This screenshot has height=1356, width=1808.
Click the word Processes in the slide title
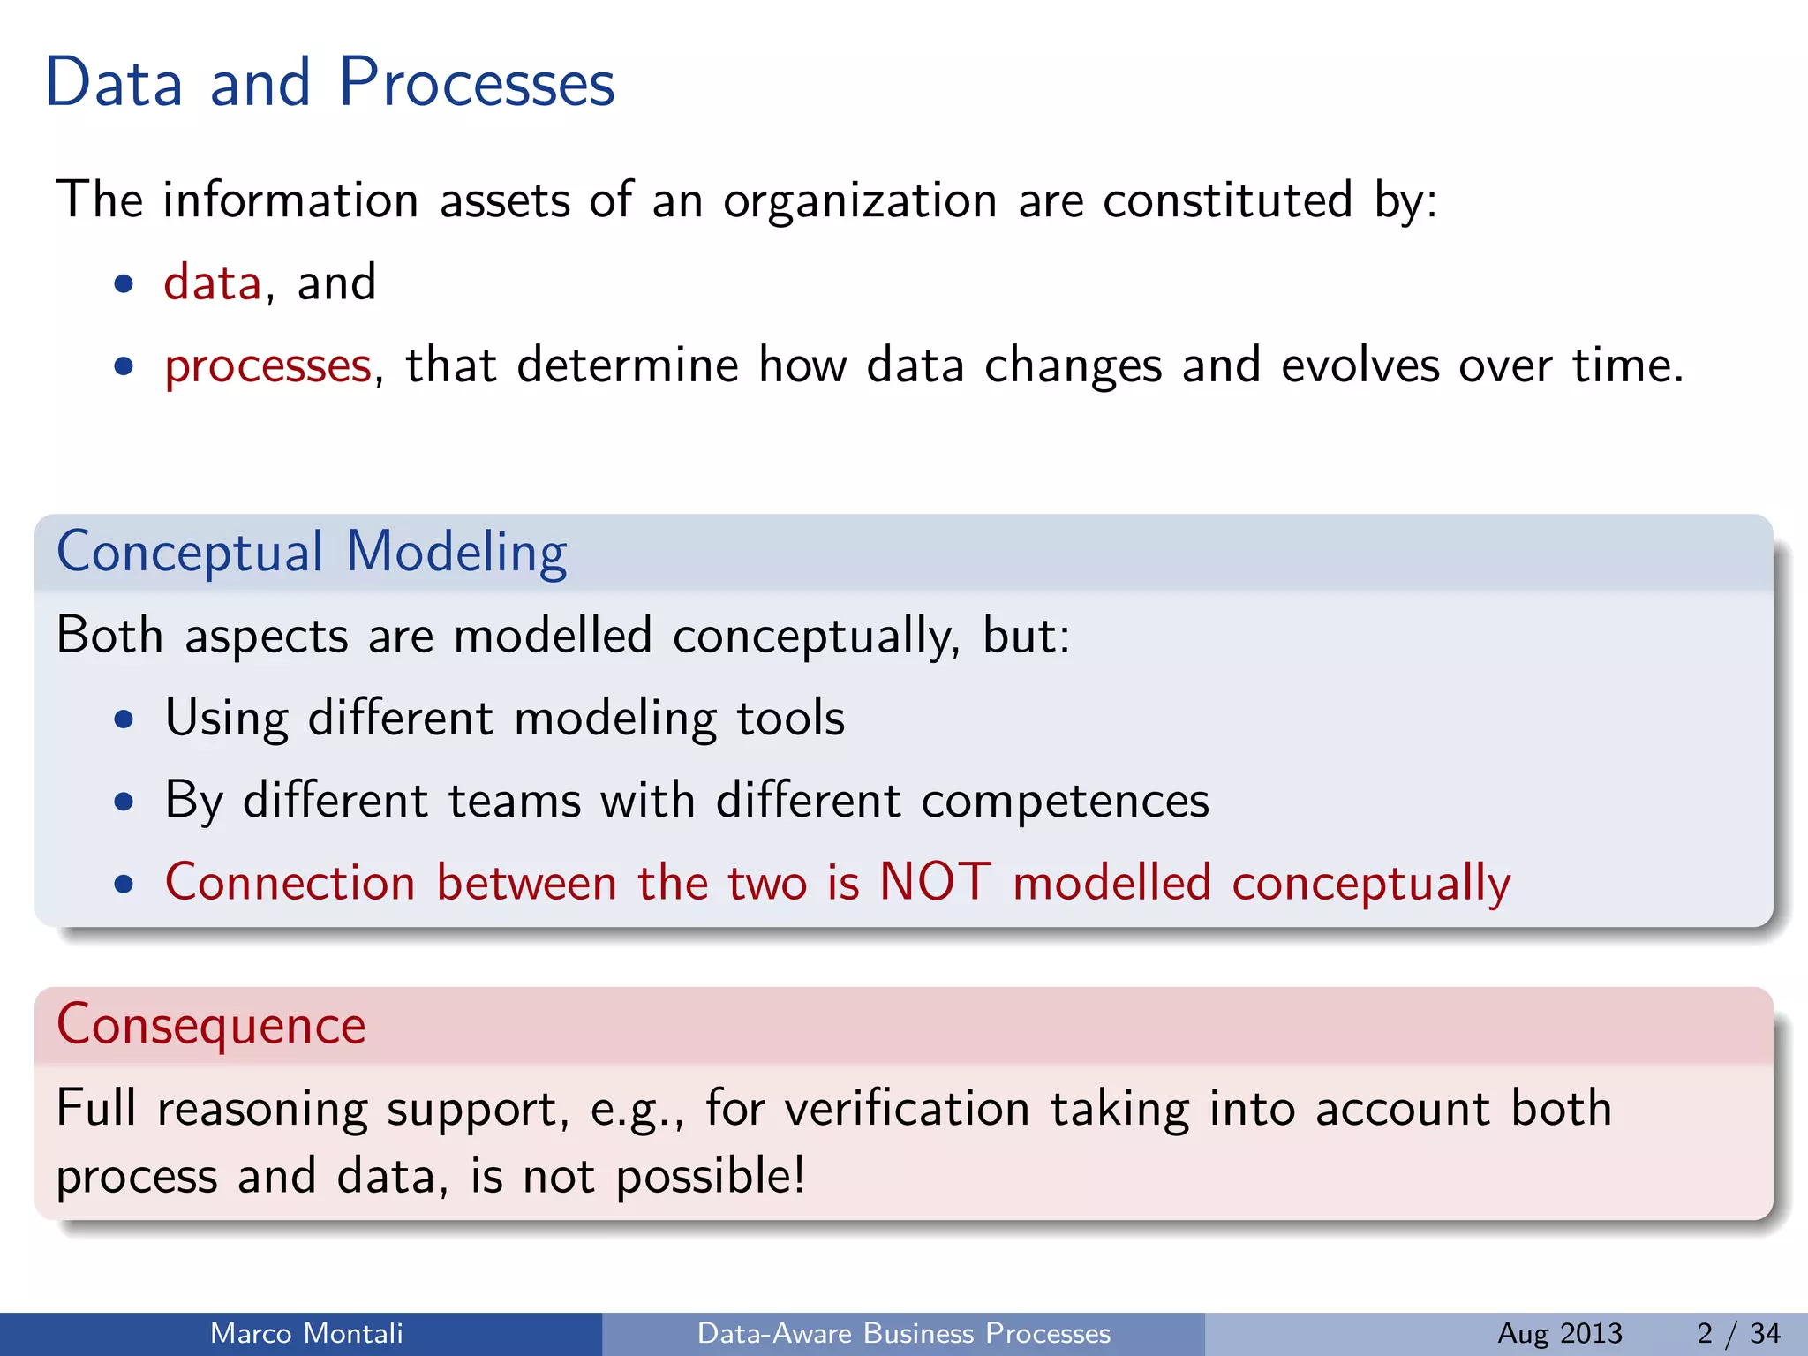[477, 83]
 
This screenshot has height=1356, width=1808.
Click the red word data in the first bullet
[213, 283]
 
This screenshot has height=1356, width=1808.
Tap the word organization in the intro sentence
[860, 201]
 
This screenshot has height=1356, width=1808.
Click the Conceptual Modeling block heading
[312, 553]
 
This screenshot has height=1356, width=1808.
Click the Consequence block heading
[211, 1025]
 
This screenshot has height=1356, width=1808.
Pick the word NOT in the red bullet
[935, 882]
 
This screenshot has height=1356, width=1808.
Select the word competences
[1065, 802]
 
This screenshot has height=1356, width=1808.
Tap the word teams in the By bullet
[514, 802]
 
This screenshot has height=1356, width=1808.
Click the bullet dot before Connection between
[124, 885]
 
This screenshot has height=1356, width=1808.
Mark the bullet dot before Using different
[124, 719]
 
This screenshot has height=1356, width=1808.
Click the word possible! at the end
[710, 1177]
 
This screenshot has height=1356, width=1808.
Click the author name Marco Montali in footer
[306, 1333]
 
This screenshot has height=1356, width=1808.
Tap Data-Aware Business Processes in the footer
[903, 1333]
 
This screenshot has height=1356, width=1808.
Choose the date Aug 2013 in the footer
[1559, 1333]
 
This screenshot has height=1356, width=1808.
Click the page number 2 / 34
[1737, 1333]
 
